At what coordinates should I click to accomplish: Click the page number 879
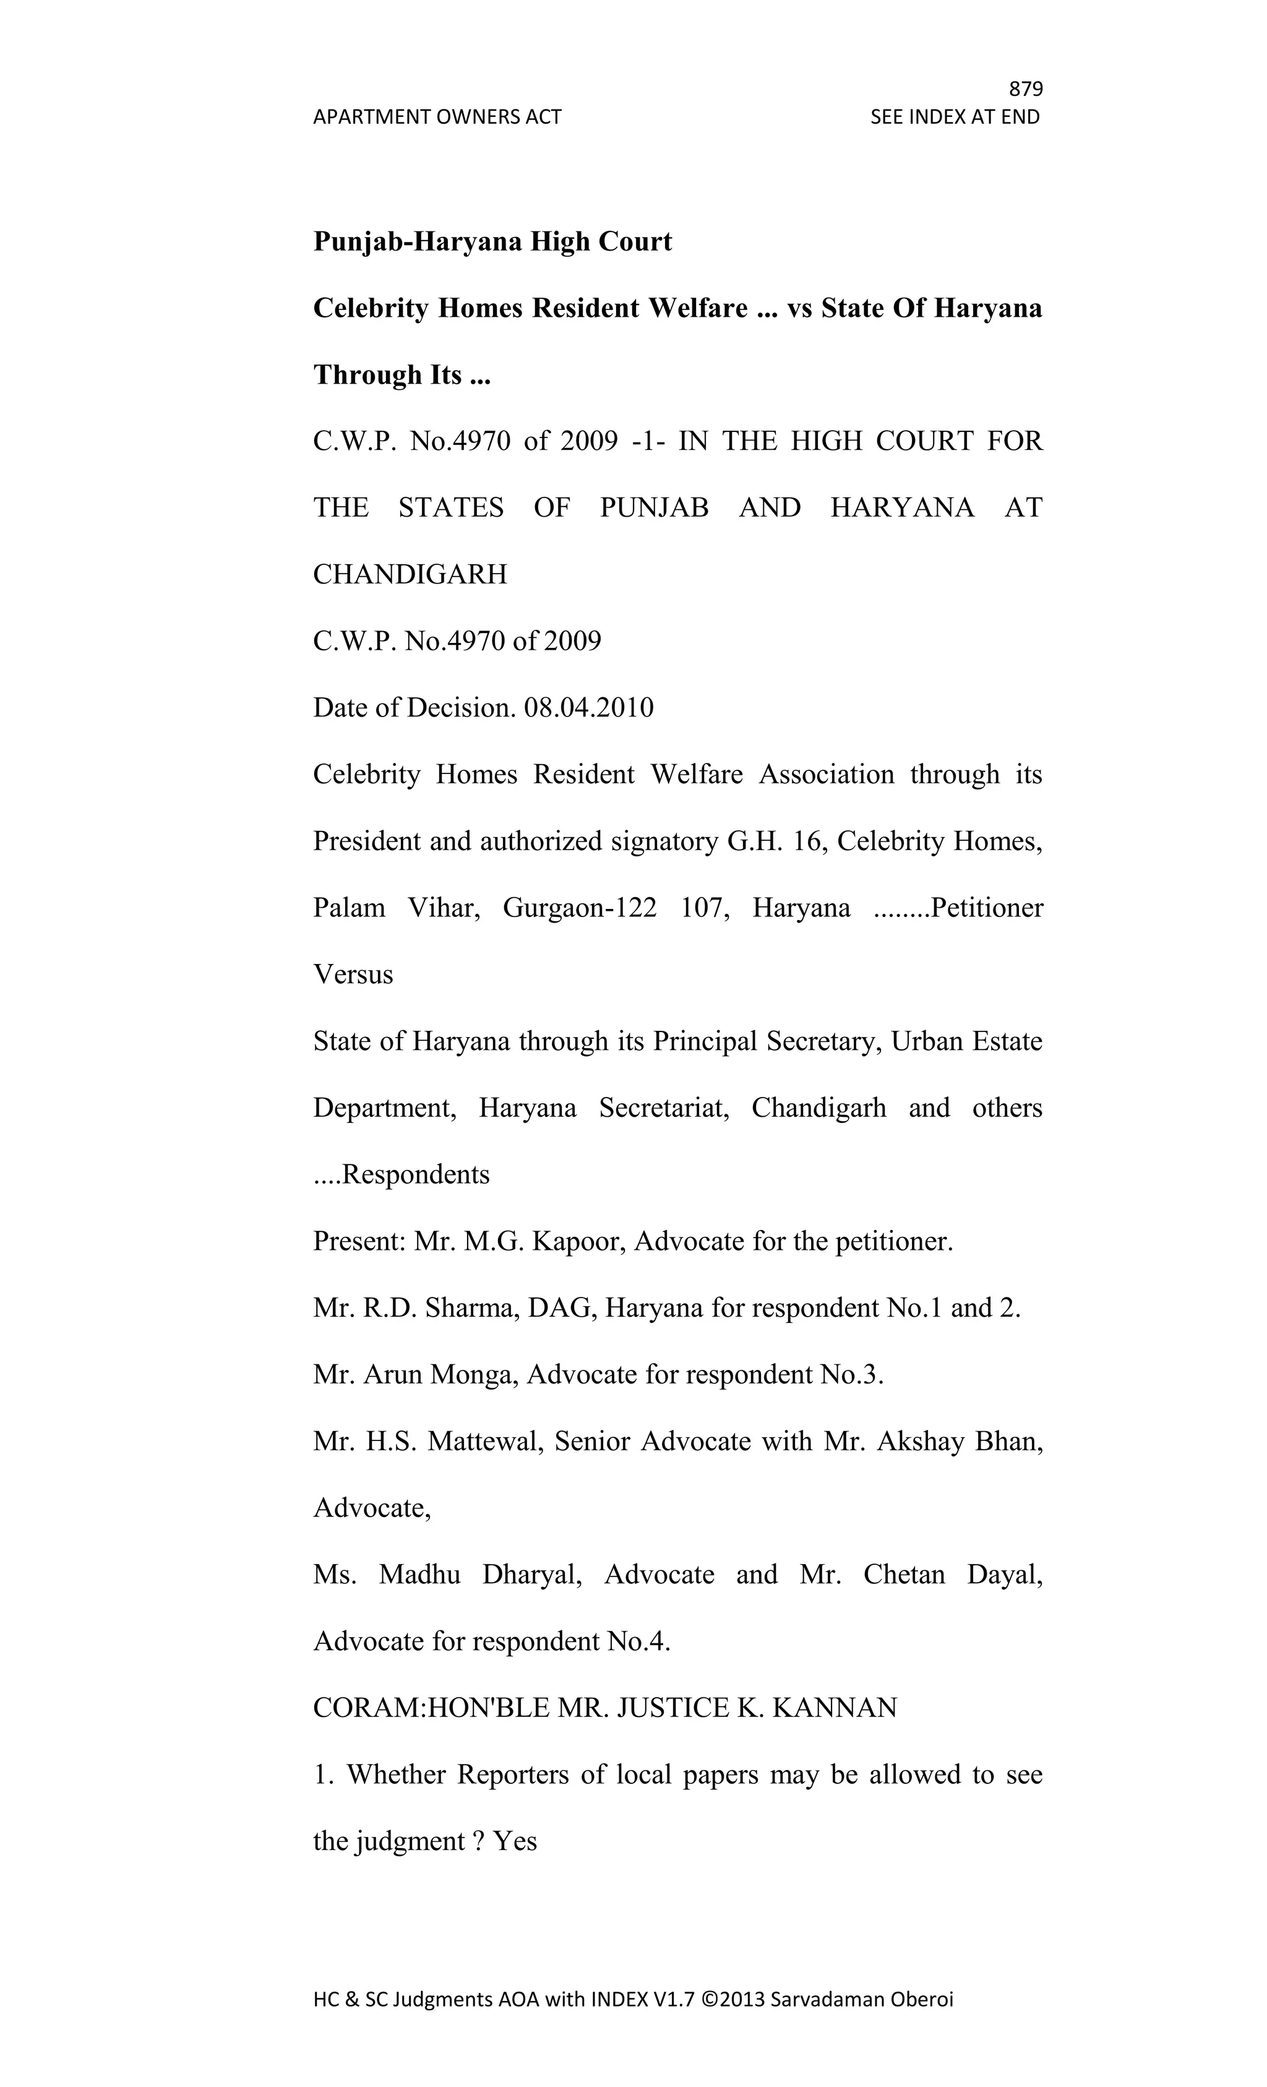pos(1026,89)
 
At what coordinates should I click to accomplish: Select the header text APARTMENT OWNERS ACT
pos(437,117)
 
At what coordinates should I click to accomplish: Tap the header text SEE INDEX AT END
pos(955,117)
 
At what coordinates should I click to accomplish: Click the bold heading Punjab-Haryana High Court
pos(492,243)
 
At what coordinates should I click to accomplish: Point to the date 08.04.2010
pos(588,708)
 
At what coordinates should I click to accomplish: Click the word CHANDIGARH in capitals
pos(410,575)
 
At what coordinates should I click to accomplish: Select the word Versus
pos(353,975)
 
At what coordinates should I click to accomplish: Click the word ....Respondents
pos(402,1175)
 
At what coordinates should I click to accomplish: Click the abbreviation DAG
pos(553,1309)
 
